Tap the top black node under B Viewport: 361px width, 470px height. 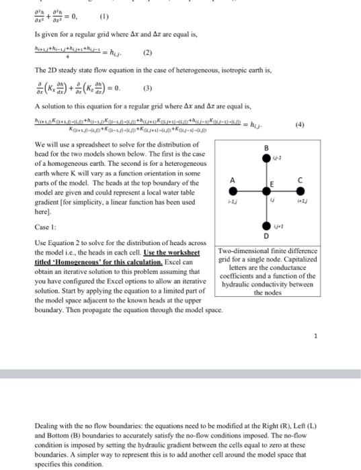266,156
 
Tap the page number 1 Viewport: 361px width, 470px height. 315,336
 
